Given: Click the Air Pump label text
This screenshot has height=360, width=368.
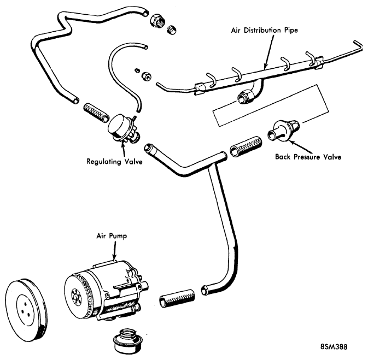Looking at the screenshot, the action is click(x=112, y=236).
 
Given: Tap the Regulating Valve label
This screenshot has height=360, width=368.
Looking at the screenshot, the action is click(x=114, y=162).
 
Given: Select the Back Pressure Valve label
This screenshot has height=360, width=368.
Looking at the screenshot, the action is click(x=308, y=157).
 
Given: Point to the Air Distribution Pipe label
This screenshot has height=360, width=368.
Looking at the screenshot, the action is click(x=265, y=30).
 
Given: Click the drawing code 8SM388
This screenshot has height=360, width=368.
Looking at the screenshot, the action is click(x=334, y=346).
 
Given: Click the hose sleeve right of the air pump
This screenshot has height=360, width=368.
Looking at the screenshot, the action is click(x=177, y=298).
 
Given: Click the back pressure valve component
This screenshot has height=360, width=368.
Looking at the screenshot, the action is click(x=283, y=131).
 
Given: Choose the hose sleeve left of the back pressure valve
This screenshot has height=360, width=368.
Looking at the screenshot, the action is click(x=246, y=146).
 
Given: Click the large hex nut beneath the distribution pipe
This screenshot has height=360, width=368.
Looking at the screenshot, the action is click(x=246, y=97).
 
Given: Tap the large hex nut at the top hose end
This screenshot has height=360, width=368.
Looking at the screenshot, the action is click(x=157, y=21).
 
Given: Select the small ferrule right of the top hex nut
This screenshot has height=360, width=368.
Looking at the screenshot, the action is click(x=172, y=30).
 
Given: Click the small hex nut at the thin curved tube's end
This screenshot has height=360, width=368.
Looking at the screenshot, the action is click(x=147, y=76).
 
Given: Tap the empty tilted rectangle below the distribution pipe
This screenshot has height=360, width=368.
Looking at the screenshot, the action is click(x=270, y=105).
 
